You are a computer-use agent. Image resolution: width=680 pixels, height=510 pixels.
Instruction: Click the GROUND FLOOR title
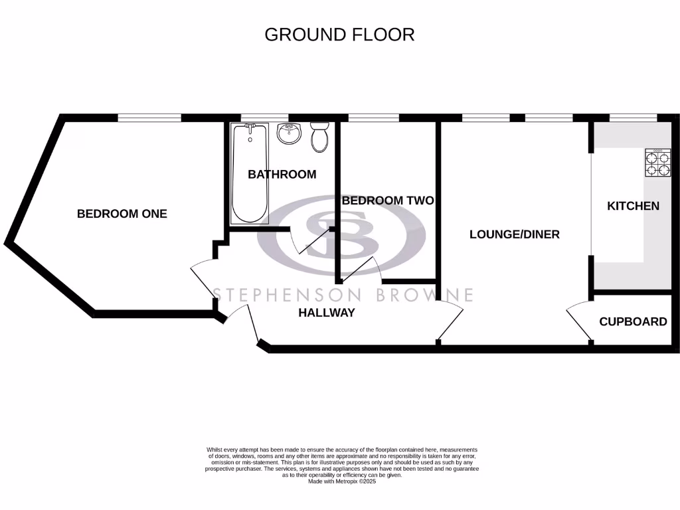339,35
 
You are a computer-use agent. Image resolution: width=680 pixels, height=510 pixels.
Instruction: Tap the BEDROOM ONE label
122,214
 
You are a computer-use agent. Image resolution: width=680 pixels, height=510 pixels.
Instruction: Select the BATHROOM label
282,175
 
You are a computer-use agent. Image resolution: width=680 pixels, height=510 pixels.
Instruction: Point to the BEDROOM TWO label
387,201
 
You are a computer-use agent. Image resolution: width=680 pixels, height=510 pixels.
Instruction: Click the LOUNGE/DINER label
514,234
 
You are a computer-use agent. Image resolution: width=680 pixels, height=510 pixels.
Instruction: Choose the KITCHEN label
633,206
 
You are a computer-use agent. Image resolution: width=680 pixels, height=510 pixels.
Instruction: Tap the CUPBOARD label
633,322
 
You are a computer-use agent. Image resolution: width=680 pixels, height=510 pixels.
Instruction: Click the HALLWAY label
326,313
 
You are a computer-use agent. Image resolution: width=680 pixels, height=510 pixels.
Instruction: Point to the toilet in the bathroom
320,137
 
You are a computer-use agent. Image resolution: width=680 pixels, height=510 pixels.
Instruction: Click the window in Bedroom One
149,118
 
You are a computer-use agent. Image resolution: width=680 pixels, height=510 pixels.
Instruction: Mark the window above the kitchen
634,118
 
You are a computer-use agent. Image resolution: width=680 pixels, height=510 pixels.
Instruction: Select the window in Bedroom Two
373,118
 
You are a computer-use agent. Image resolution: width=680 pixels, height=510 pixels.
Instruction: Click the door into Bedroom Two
359,268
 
